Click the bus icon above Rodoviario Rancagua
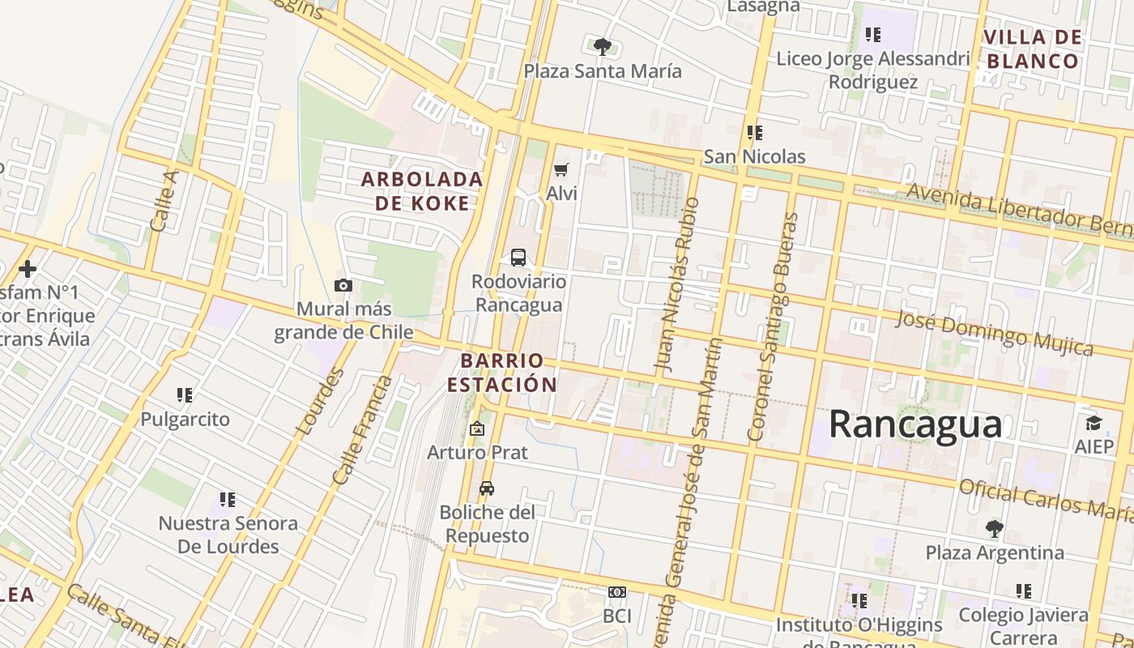(x=518, y=258)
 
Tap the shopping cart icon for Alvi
(x=561, y=169)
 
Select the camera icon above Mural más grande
(x=343, y=285)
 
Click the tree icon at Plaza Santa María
(x=602, y=46)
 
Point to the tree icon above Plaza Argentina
(x=995, y=529)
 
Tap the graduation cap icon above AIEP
(x=1093, y=423)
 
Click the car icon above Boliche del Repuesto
(x=487, y=488)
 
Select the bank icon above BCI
(x=617, y=592)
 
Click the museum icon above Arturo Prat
(x=477, y=428)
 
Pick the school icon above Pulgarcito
(x=185, y=395)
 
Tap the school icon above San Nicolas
(x=755, y=132)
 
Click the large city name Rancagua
(x=915, y=424)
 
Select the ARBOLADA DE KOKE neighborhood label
(x=422, y=191)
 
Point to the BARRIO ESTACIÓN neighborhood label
(x=502, y=373)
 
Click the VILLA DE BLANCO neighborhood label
(x=1033, y=49)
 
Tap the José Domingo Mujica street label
(x=994, y=332)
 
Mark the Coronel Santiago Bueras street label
(x=773, y=326)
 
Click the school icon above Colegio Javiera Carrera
(x=1024, y=591)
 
